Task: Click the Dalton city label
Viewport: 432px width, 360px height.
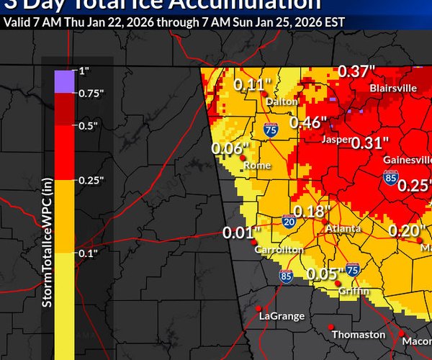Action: point(282,102)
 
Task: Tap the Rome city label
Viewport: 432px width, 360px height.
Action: point(257,165)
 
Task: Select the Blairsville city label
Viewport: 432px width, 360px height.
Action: point(392,88)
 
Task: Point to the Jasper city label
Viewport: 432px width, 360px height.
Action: point(336,139)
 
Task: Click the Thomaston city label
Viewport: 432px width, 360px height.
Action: point(358,335)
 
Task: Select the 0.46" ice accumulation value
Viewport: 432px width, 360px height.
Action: point(309,122)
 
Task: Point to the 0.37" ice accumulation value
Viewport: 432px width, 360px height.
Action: point(358,71)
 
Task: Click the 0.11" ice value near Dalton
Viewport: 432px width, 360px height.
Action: point(249,85)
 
